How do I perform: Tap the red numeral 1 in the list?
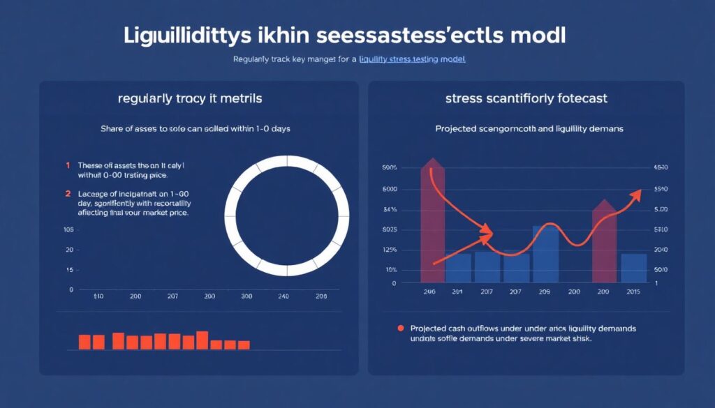pos(68,165)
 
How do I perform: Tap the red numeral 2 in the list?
pos(68,193)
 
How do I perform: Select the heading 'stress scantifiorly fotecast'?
pos(526,98)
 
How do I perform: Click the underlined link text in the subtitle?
pos(412,60)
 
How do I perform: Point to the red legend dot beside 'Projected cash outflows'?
pos(400,328)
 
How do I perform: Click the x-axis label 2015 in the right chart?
pos(634,292)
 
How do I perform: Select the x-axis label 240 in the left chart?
pos(283,296)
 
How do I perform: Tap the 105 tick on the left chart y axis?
pos(68,229)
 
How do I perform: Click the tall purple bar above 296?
pos(432,223)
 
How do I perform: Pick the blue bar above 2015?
pos(633,268)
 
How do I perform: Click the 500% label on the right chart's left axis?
pos(389,168)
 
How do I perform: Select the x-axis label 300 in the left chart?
pos(246,296)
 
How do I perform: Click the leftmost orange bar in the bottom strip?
pos(84,342)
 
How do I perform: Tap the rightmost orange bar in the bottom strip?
pos(244,345)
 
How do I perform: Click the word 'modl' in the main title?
pos(539,36)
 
